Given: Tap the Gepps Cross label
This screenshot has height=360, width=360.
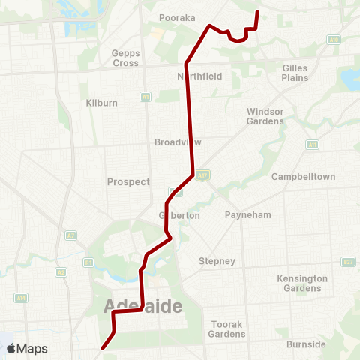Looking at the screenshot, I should [125, 58].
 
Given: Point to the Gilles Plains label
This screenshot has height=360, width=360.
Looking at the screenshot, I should [295, 72].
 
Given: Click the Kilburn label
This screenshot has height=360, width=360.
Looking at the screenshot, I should [100, 102].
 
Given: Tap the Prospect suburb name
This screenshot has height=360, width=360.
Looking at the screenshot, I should [128, 181].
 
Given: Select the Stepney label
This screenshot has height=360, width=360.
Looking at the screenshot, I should [217, 261].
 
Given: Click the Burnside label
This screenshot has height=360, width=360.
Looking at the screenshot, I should [306, 344].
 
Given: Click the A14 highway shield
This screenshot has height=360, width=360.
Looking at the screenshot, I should [22, 298].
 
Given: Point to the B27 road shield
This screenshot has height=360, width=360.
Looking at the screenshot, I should [348, 262].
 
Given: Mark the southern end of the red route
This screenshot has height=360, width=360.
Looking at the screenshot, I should [102, 347].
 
